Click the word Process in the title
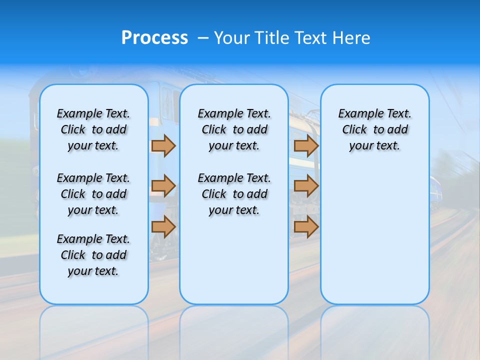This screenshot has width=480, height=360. pos(154,38)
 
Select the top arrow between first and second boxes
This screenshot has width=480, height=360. pos(163,146)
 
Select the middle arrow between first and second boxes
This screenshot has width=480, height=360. pos(163,186)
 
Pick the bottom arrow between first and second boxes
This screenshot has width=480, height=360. pos(163,226)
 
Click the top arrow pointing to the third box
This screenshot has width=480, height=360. pos(306,146)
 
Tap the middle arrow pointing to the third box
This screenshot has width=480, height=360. pos(306,186)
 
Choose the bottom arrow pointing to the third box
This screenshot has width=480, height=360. pos(306,226)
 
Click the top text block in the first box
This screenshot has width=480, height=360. pos(93,129)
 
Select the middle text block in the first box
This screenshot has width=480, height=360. pos(93,194)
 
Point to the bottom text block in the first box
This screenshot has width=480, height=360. pos(93,255)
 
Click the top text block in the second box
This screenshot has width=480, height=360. pos(234,129)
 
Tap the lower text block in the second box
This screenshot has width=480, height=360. pos(234,194)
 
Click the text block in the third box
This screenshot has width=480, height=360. pos(374,129)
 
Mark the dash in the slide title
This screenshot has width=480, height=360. pos(203,38)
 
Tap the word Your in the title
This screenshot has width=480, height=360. pos(232,38)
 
